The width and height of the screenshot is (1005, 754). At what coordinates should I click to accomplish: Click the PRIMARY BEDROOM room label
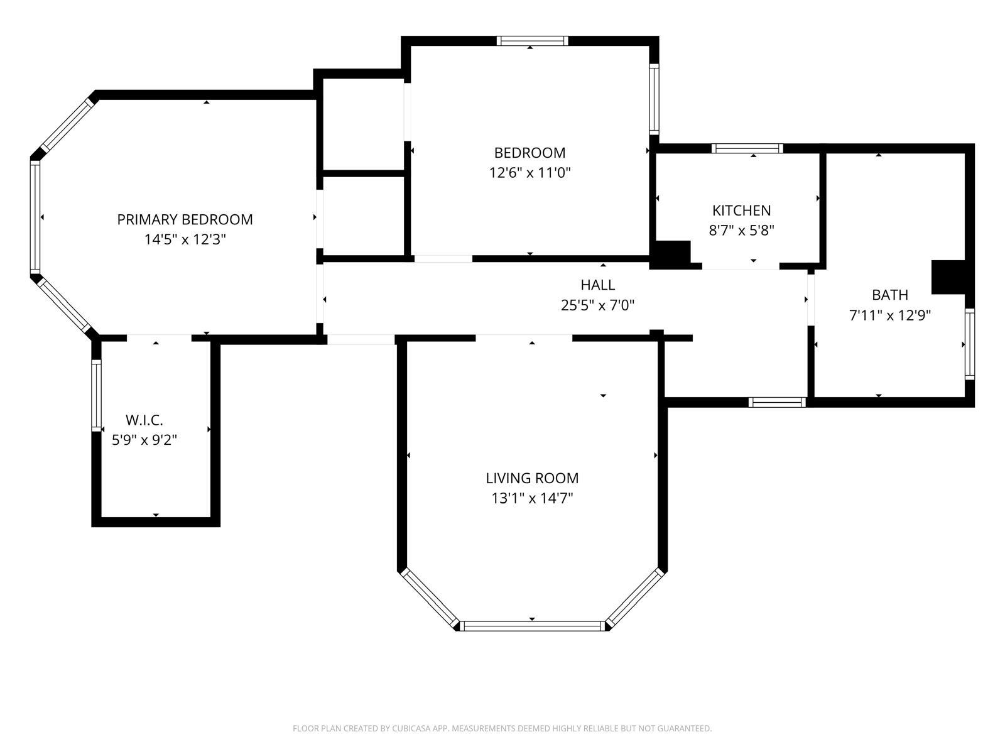point(185,220)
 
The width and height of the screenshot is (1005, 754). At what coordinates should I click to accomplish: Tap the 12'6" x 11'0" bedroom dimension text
point(530,173)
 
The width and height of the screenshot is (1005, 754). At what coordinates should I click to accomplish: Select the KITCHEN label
point(741,210)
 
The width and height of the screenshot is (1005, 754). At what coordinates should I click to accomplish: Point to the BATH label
point(889,295)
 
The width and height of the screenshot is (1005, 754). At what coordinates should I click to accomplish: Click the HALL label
point(597,285)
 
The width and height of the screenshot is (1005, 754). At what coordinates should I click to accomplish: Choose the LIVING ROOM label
point(532,478)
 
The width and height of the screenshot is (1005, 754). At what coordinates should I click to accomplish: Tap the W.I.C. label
point(144,420)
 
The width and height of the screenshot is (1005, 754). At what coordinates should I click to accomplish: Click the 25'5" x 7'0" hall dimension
point(597,305)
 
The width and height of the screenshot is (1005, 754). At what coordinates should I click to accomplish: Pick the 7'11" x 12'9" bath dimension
point(890,315)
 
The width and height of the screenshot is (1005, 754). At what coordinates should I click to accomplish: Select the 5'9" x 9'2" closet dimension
point(144,440)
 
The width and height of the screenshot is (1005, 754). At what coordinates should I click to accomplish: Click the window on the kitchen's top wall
point(747,148)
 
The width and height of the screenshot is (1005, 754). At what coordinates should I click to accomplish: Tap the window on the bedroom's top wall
point(533,41)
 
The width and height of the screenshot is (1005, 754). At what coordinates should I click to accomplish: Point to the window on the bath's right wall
point(969,344)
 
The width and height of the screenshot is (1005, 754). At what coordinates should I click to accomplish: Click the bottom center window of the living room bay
point(532,626)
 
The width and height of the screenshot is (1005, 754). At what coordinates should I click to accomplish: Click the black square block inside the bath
point(948,278)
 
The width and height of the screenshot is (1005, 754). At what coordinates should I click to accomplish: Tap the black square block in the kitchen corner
point(670,254)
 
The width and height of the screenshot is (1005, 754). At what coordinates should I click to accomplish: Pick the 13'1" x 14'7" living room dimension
point(532,498)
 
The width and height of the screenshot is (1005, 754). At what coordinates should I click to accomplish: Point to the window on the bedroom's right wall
point(655,99)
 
